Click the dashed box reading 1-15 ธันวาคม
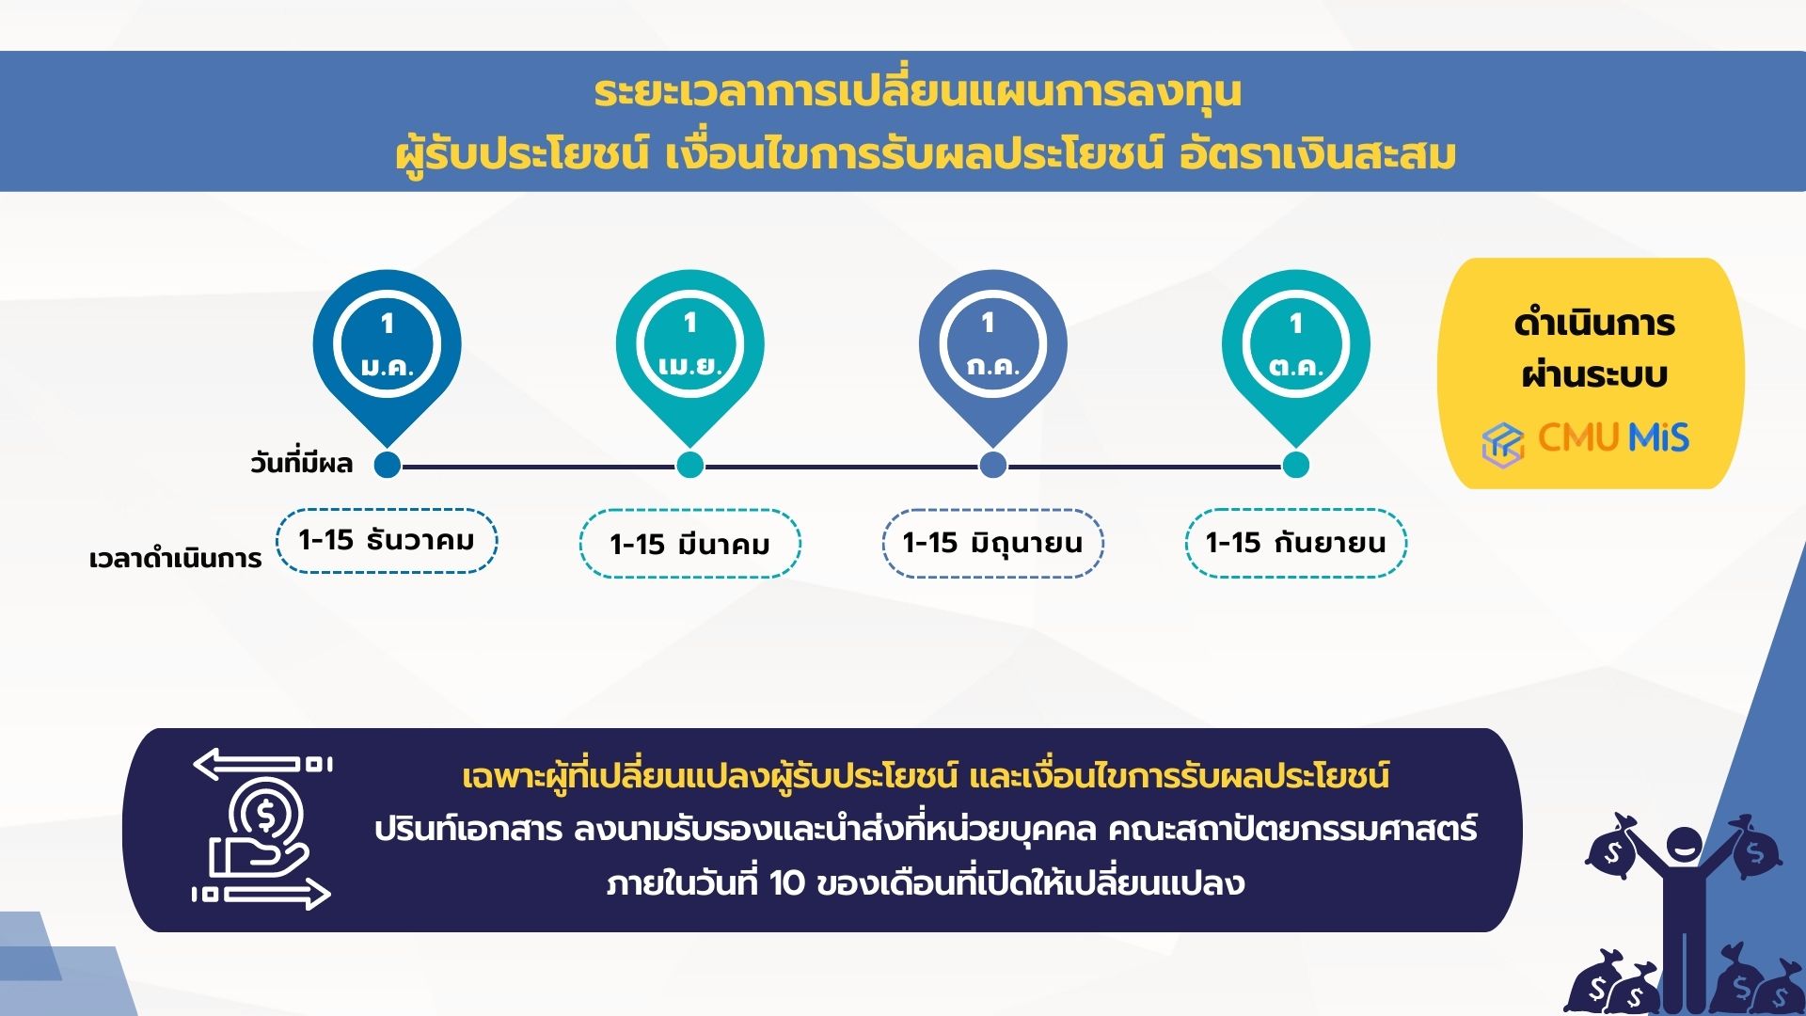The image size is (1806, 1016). click(387, 541)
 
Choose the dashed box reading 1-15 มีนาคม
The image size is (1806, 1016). click(689, 543)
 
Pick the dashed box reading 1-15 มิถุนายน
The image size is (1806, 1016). click(992, 543)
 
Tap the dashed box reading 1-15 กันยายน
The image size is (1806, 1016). click(1295, 543)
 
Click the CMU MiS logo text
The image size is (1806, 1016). click(1613, 437)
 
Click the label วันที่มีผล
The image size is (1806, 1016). click(301, 462)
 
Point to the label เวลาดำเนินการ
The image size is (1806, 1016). click(175, 559)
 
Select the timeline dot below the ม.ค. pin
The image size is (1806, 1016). click(387, 465)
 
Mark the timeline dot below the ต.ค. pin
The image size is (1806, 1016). click(1295, 465)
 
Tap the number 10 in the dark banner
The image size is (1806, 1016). click(787, 883)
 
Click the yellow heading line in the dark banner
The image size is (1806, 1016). click(926, 776)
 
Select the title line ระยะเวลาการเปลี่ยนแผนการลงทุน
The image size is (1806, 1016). click(917, 92)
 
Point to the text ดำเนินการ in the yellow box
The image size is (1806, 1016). click(1594, 324)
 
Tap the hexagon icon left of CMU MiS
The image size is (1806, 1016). click(1503, 443)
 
